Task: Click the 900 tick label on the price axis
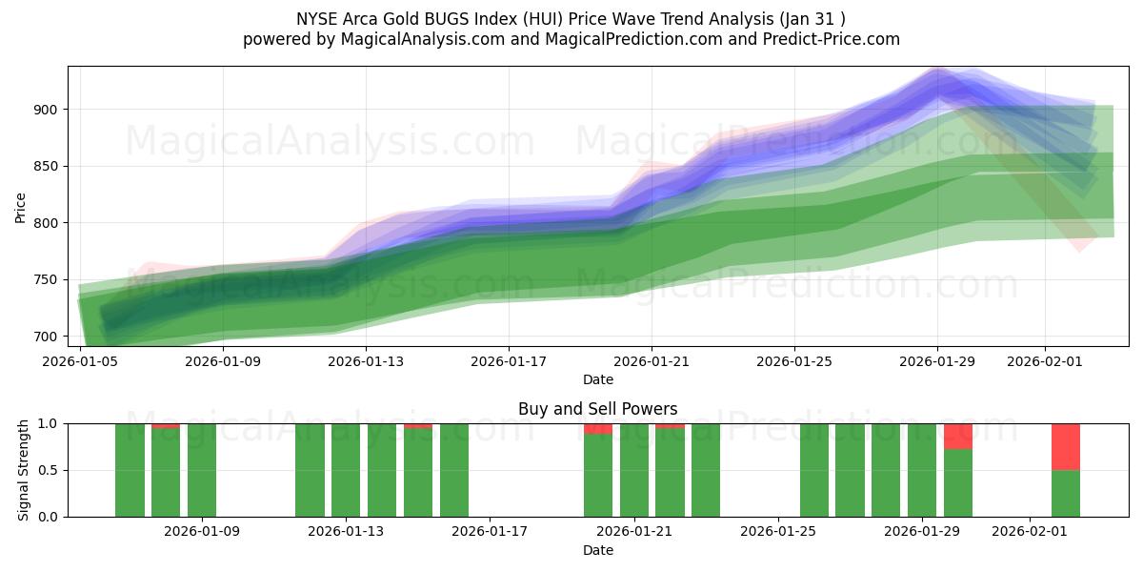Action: [46, 110]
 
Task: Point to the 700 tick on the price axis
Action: [46, 337]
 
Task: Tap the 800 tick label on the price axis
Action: [46, 223]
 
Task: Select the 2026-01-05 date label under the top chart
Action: [80, 361]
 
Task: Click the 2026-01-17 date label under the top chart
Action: [508, 361]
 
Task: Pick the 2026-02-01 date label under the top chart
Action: [1045, 361]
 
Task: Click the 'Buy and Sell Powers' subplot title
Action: [597, 409]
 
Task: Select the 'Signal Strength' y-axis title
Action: [24, 470]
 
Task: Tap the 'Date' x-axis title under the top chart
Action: [597, 379]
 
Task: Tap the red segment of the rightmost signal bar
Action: [1065, 446]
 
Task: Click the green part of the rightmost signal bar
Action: [1065, 494]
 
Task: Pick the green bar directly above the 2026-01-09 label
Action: [202, 470]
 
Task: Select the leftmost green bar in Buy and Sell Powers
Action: [130, 470]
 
